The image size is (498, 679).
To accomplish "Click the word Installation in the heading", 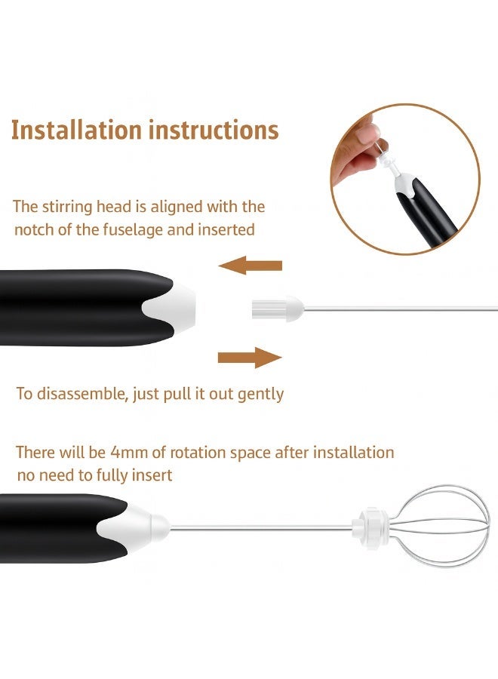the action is (76, 130).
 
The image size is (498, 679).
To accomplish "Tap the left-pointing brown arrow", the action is (251, 265).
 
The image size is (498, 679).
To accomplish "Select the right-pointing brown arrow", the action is (250, 358).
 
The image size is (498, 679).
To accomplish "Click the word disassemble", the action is (82, 394).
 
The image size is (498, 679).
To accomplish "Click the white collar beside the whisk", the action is (370, 527).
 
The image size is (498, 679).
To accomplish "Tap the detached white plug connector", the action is (278, 309).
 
